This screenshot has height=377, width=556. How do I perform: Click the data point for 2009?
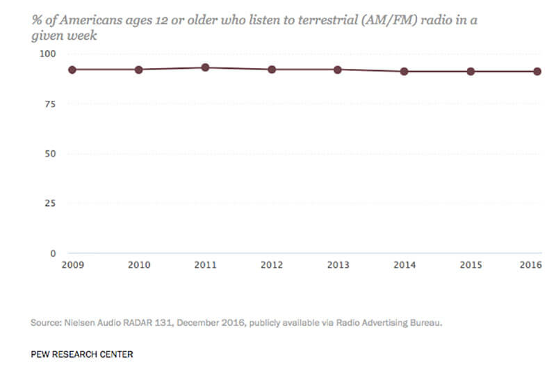(x=72, y=70)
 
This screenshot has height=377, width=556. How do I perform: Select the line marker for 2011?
(x=205, y=67)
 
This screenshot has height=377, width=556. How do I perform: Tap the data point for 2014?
(x=404, y=71)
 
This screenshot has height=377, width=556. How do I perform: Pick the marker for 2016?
(x=537, y=71)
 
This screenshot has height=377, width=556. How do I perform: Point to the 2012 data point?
(x=272, y=70)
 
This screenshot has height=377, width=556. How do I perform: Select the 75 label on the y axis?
(x=50, y=104)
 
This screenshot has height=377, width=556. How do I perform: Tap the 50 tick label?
(x=50, y=154)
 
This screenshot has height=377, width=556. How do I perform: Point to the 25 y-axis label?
(x=50, y=204)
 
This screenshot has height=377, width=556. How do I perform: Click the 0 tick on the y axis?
(x=52, y=253)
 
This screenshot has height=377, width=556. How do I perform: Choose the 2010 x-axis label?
(x=139, y=265)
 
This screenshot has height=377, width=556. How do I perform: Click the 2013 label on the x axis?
(x=338, y=265)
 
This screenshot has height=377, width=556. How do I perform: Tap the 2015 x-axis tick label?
(x=471, y=265)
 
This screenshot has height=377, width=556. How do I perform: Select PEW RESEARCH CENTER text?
(x=82, y=354)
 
